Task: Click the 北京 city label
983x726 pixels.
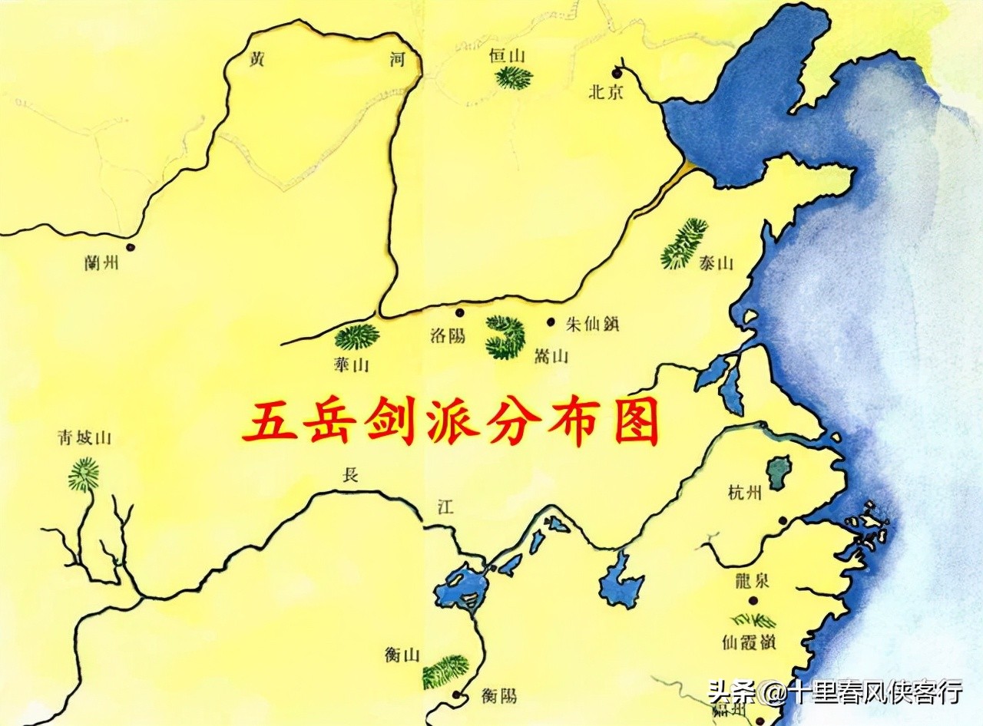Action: coord(607,92)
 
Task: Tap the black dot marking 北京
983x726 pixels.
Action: coord(617,73)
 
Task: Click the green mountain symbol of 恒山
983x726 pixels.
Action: coord(513,78)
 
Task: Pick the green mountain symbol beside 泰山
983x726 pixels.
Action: coord(684,243)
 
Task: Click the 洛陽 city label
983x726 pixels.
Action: coord(448,336)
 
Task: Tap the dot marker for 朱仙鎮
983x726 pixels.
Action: coord(551,322)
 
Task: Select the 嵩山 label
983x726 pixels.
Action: coord(551,356)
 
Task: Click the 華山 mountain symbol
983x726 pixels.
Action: coord(357,336)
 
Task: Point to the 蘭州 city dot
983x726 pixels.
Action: coord(130,247)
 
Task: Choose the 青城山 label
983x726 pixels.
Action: coord(84,438)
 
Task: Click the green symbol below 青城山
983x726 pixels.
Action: coord(83,474)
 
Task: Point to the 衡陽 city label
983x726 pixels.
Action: coord(499,695)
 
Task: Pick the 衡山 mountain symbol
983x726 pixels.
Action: coord(445,671)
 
